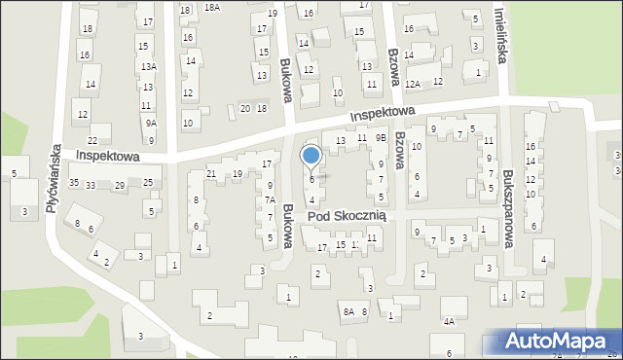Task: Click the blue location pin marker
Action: pyautogui.click(x=311, y=156)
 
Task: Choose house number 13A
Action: pyautogui.click(x=148, y=66)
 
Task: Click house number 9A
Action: pyautogui.click(x=150, y=124)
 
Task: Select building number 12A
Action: pyautogui.click(x=413, y=84)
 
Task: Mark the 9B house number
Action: pyautogui.click(x=382, y=138)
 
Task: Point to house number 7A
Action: pyautogui.click(x=270, y=200)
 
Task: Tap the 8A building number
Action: pyautogui.click(x=348, y=311)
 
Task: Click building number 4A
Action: pyautogui.click(x=449, y=321)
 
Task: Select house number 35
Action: pyautogui.click(x=74, y=184)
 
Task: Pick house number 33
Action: pyautogui.click(x=90, y=185)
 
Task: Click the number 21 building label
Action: pyautogui.click(x=210, y=174)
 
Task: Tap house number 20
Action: pyautogui.click(x=245, y=108)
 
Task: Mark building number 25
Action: pyautogui.click(x=148, y=183)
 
